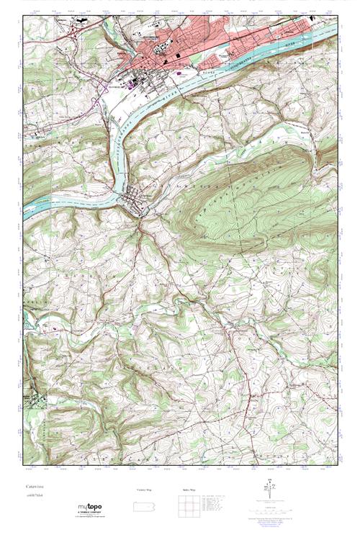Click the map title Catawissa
[34, 487]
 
